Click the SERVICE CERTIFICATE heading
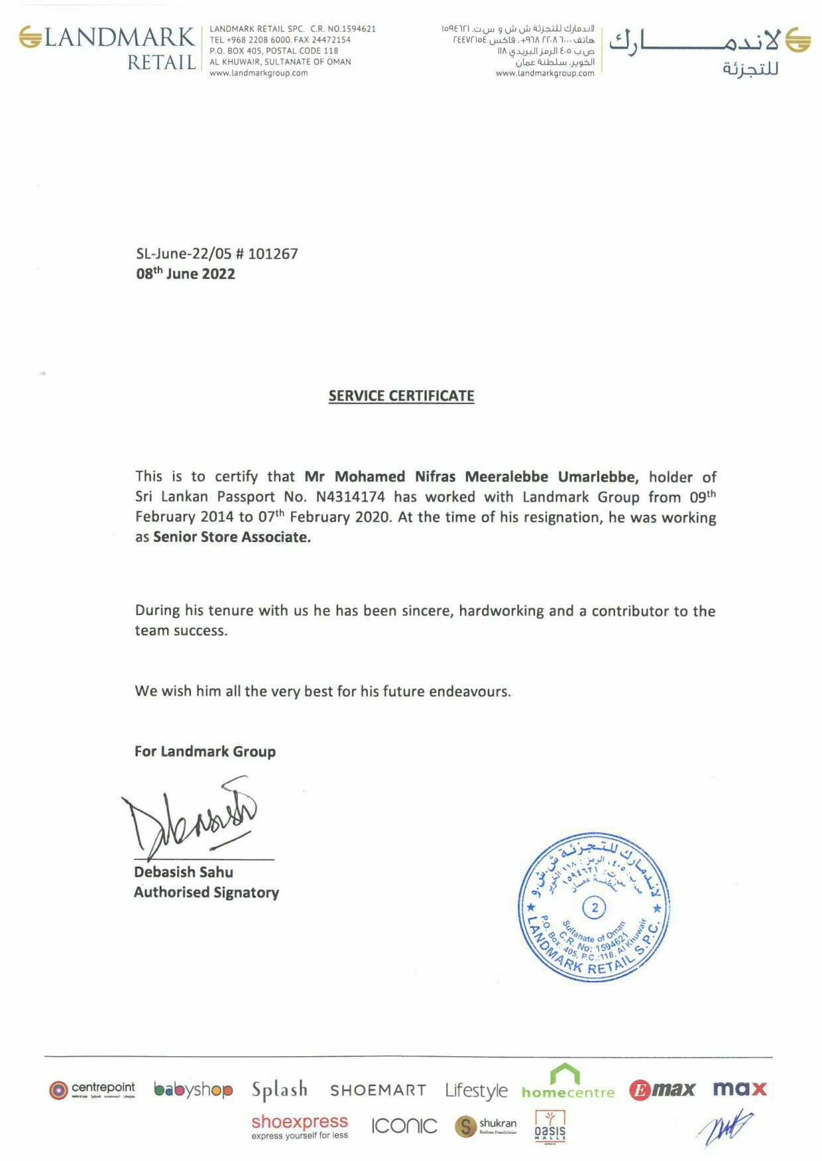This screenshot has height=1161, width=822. [x=401, y=396]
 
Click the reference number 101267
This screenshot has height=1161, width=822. [x=273, y=254]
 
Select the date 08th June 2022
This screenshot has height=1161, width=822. [x=186, y=274]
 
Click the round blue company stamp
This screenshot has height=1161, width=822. [x=594, y=907]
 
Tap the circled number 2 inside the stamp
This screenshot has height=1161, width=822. [x=595, y=907]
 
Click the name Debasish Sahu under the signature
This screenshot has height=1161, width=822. [x=184, y=872]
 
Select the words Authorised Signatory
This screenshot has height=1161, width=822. [x=206, y=893]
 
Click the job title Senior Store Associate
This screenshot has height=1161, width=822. [x=232, y=537]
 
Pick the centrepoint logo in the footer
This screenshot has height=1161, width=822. [x=92, y=1089]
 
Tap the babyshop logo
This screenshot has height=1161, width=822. [x=193, y=1089]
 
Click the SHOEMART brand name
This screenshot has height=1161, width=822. [x=378, y=1090]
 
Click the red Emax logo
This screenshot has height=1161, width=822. [x=662, y=1089]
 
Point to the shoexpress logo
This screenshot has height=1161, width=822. [x=300, y=1126]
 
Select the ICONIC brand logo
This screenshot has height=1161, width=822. [x=404, y=1126]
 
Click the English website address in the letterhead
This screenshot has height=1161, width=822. [x=259, y=73]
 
